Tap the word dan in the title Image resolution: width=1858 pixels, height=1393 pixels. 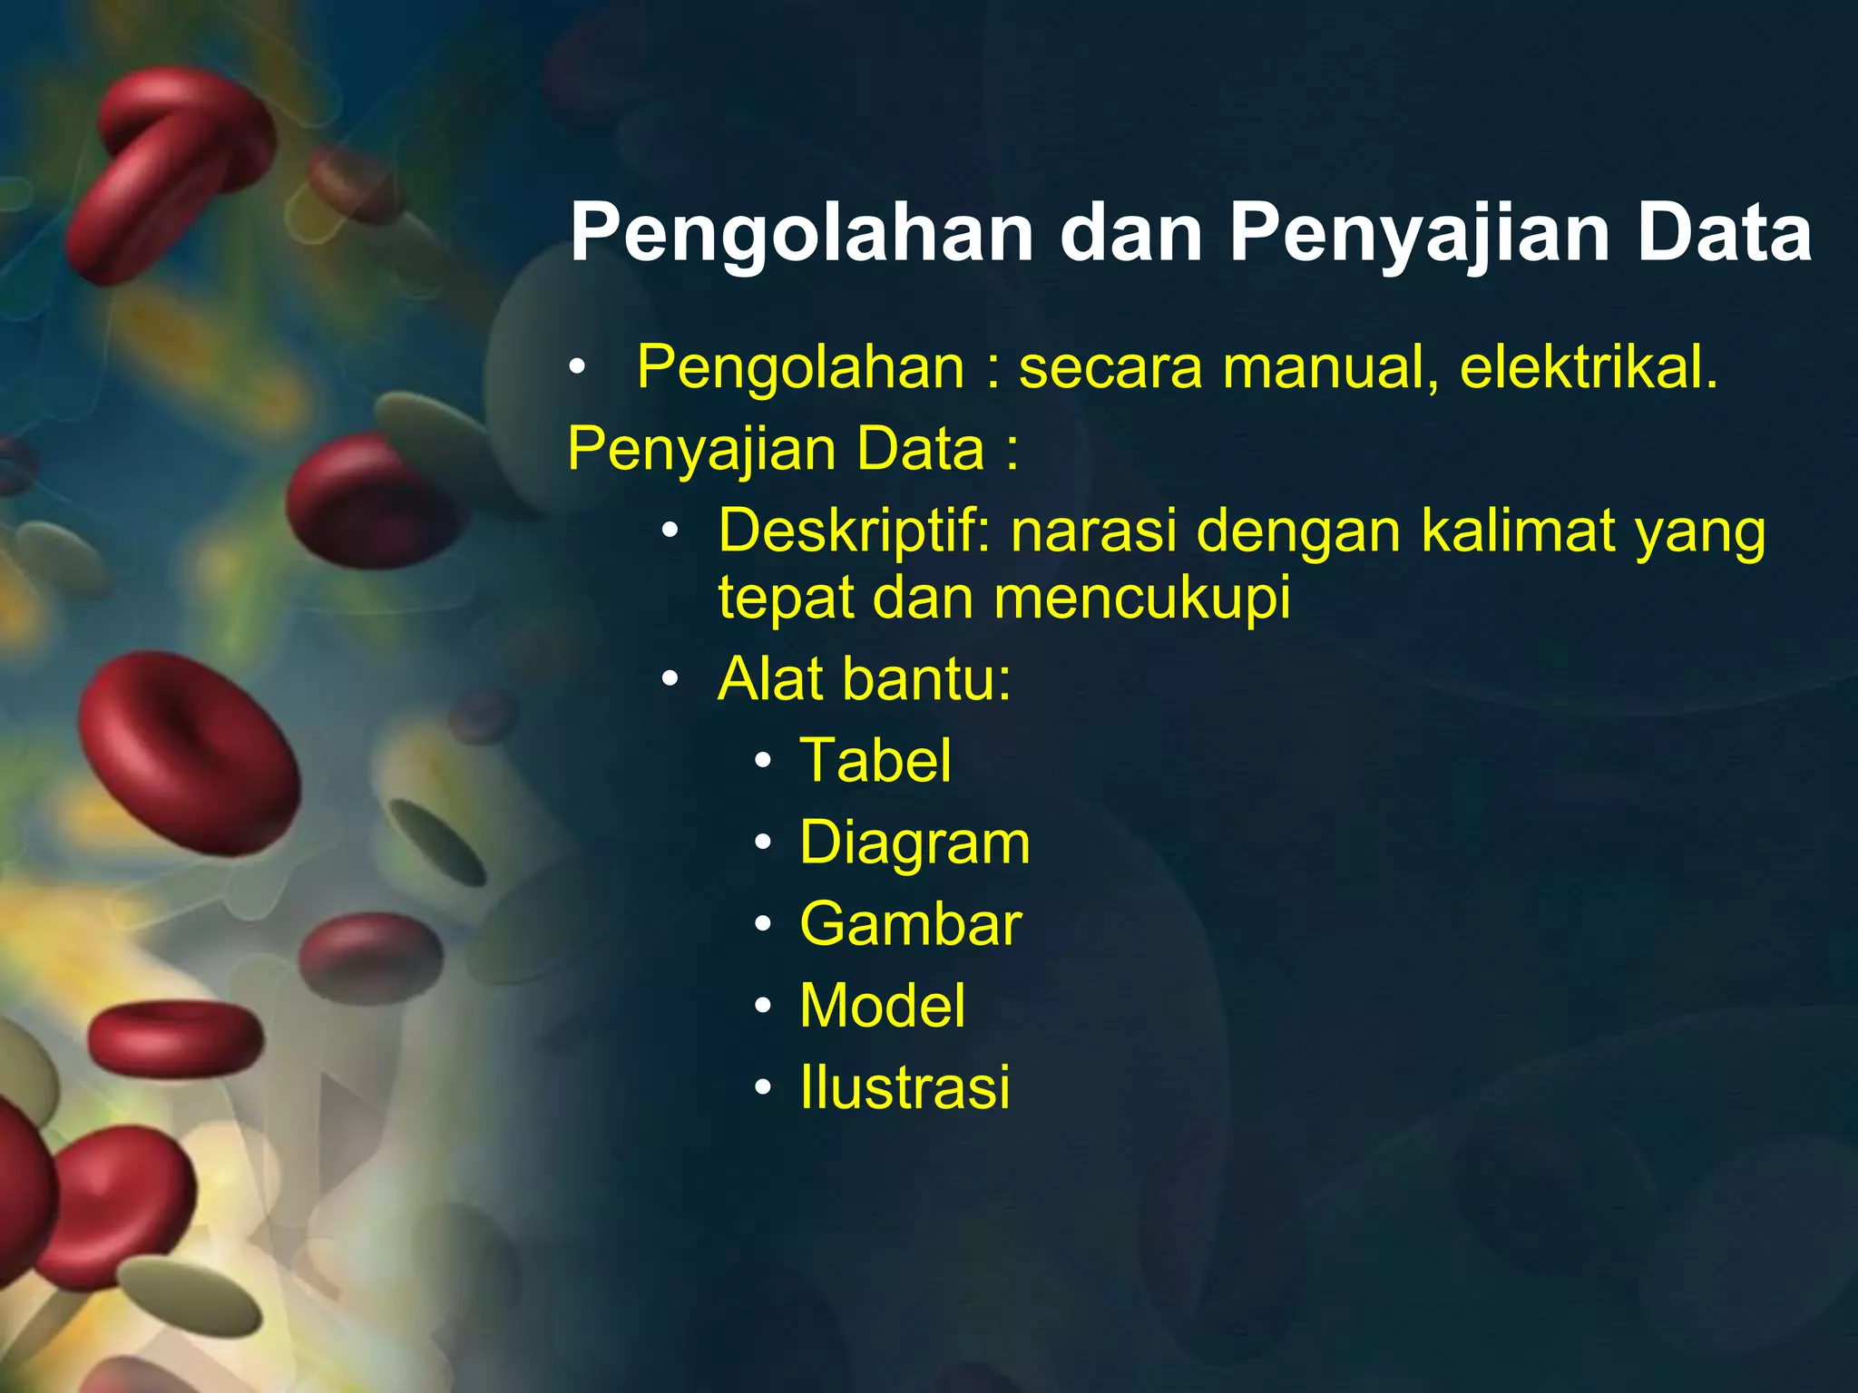pos(1130,233)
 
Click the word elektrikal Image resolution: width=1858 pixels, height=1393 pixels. pos(1589,368)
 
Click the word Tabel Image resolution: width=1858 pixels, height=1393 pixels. pos(875,760)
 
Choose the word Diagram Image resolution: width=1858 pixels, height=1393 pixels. pos(914,843)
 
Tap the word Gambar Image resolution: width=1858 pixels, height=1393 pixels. pos(910,925)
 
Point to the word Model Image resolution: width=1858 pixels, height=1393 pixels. pos(882,1007)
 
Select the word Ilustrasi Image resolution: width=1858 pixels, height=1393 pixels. pos(905,1088)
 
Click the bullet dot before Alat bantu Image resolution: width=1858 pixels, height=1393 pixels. pos(670,679)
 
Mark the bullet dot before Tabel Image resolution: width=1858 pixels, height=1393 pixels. pos(763,761)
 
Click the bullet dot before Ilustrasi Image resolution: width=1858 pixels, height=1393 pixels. pos(763,1087)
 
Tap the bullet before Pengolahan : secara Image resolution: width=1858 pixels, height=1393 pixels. pos(576,368)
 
